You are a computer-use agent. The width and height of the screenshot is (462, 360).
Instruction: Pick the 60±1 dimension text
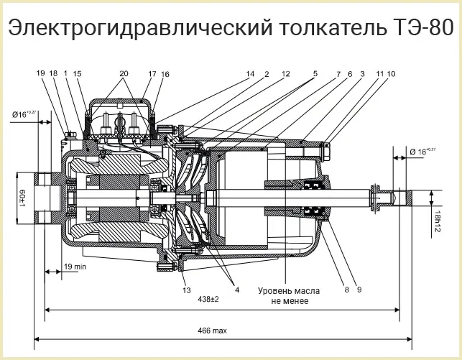pos(22,196)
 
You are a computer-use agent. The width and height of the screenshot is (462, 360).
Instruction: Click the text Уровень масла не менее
pos(290,296)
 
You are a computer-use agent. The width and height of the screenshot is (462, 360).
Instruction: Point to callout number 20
pos(124,74)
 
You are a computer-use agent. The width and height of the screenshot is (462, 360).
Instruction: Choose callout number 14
pos(250,74)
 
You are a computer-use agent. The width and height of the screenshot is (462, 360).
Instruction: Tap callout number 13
pos(187,290)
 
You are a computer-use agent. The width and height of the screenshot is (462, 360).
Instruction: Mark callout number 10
pos(392,74)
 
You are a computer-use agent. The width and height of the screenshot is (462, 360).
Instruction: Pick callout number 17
pos(152,74)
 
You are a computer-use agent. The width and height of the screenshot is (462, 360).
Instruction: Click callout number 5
pos(314,74)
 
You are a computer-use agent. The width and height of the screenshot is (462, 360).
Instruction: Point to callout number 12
pos(285,74)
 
